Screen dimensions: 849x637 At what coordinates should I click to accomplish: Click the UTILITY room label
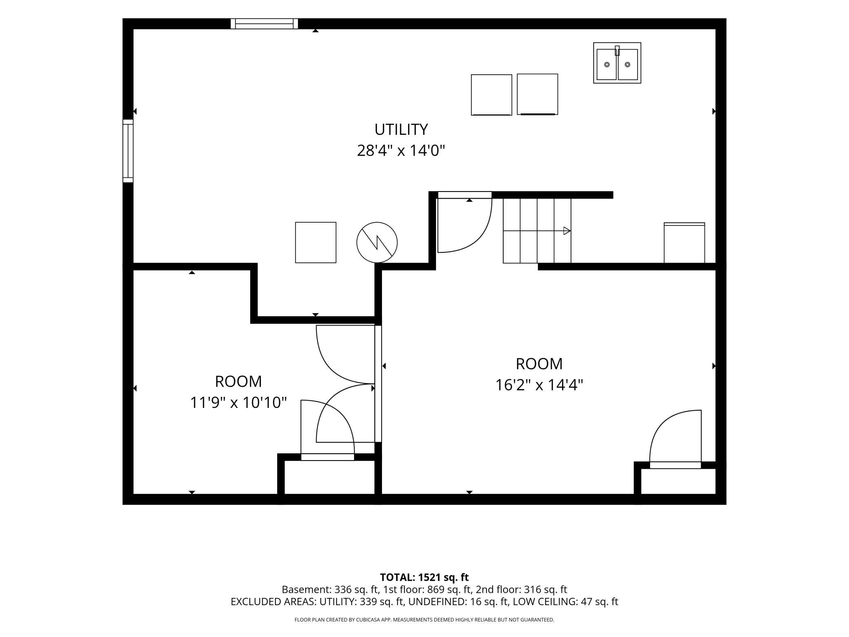pos(401,129)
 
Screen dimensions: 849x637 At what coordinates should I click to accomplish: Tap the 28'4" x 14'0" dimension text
pos(401,151)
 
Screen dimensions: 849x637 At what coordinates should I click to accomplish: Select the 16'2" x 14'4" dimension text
pos(539,385)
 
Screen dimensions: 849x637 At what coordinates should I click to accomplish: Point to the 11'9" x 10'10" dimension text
pos(238,403)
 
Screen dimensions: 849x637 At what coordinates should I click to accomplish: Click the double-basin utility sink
pos(617,63)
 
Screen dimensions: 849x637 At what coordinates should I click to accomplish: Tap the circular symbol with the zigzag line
pos(377,243)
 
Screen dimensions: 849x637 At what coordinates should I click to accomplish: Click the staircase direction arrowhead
pos(567,231)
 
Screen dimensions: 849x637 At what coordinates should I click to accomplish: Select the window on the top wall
pos(264,24)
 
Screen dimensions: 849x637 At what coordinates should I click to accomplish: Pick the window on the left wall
pos(128,151)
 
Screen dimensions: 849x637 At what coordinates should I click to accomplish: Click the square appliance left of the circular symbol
pos(316,243)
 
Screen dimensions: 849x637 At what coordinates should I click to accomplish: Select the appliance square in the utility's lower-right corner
pos(685,243)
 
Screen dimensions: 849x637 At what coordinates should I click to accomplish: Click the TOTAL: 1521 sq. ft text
pos(424,577)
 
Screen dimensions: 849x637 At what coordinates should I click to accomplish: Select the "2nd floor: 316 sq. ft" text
pos(521,590)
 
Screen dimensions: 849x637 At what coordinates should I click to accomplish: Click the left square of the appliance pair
pos(491,95)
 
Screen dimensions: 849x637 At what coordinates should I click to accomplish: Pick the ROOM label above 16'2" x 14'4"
pos(539,364)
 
